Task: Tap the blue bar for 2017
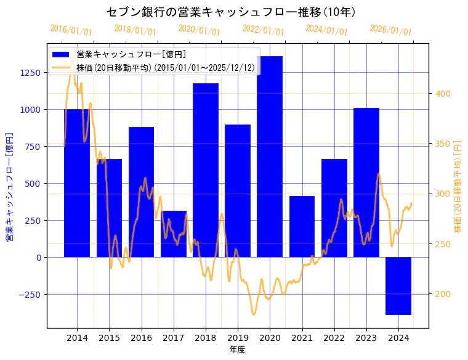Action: click(174, 234)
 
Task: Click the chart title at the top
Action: click(233, 12)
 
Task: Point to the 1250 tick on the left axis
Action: click(30, 73)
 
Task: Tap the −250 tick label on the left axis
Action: click(28, 295)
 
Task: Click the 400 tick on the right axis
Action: click(443, 94)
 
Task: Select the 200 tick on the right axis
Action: click(443, 294)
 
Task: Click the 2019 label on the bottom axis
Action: click(238, 338)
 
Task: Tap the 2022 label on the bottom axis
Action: click(334, 338)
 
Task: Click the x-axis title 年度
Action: click(238, 350)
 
